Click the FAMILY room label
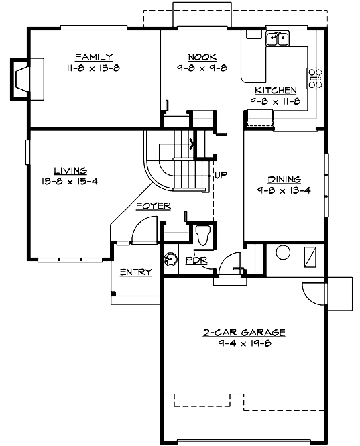[x=93, y=57]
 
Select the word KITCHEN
[x=276, y=90]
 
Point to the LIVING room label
[x=70, y=170]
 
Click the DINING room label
[x=284, y=180]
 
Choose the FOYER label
[x=153, y=206]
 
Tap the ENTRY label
[x=135, y=272]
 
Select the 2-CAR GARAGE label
[x=245, y=332]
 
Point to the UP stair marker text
[x=221, y=176]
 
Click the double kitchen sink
[x=277, y=40]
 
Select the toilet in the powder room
[x=204, y=235]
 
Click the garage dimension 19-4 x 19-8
[x=245, y=343]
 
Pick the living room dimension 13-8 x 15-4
[x=70, y=181]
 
